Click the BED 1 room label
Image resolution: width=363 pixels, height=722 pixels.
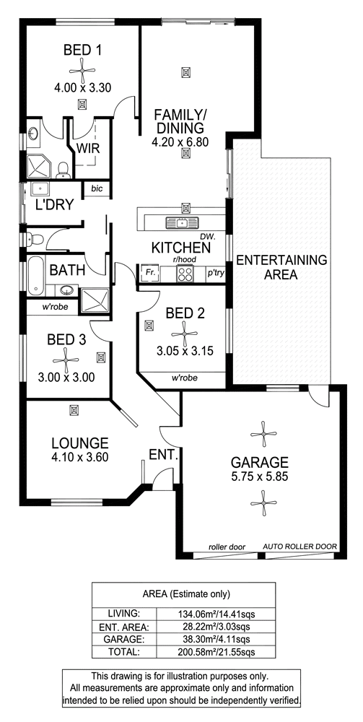[83, 50]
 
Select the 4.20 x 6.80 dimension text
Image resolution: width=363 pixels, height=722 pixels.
[180, 142]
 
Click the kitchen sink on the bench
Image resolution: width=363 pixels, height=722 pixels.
[182, 223]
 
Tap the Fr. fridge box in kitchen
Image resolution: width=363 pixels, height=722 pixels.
[149, 274]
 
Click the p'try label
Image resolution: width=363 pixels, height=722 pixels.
[215, 274]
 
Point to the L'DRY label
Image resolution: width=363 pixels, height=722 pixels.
[54, 204]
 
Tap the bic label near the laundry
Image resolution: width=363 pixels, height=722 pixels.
[96, 188]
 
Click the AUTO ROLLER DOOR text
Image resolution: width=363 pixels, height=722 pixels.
[300, 547]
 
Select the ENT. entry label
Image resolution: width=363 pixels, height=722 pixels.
[164, 455]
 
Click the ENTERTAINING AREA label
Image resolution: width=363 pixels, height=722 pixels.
[281, 268]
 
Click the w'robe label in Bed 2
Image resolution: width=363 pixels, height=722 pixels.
[185, 378]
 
